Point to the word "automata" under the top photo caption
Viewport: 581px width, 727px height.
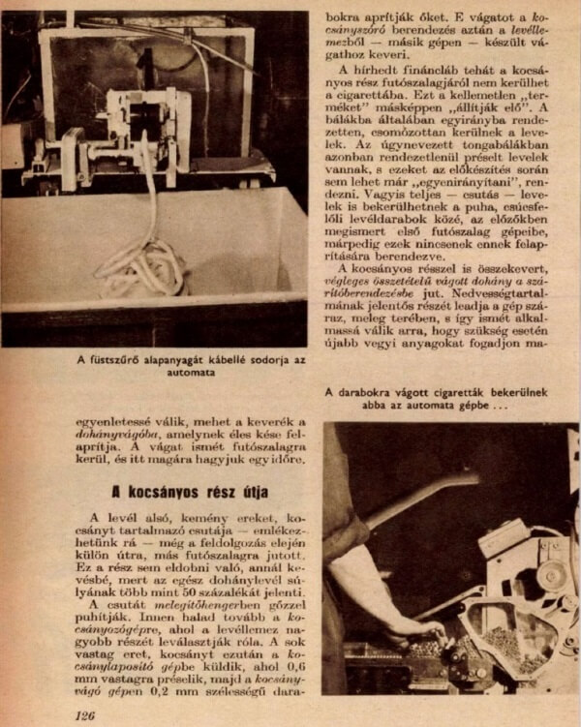(193, 372)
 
